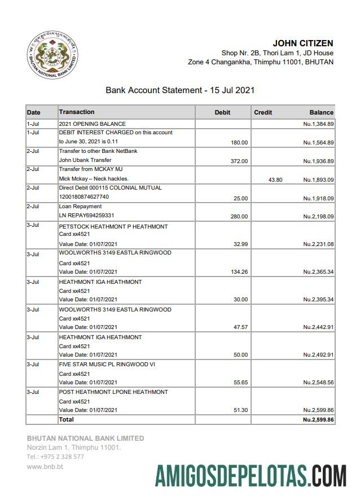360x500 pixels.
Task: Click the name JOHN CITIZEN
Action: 302,43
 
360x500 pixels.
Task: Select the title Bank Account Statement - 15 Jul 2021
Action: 180,90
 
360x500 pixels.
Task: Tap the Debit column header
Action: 222,112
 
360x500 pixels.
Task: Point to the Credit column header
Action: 263,112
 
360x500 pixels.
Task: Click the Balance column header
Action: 321,112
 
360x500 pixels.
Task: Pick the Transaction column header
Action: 77,112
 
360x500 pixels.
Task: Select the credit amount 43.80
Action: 275,179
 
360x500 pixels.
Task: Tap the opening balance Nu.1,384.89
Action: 318,124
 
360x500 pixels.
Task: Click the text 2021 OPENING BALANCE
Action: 92,124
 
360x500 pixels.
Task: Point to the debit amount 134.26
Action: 239,272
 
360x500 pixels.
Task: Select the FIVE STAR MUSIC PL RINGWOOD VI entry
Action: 107,365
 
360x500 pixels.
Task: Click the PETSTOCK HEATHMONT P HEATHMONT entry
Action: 113,226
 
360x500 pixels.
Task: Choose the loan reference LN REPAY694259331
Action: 86,216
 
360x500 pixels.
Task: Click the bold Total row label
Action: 67,419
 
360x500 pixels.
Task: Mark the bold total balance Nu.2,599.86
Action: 318,420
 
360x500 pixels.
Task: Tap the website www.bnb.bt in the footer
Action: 45,467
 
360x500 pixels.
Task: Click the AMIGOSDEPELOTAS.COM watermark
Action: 251,475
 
